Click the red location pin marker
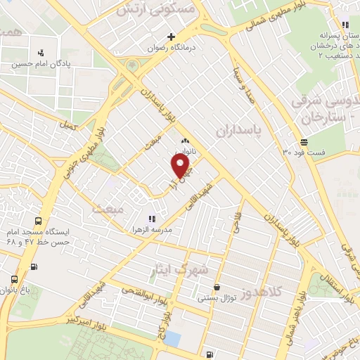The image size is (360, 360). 181,166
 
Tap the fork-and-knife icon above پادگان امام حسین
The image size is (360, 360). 41,51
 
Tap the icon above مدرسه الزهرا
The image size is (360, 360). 151,218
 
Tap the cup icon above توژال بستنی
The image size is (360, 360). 217,287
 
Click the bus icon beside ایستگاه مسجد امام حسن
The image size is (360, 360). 35,267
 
